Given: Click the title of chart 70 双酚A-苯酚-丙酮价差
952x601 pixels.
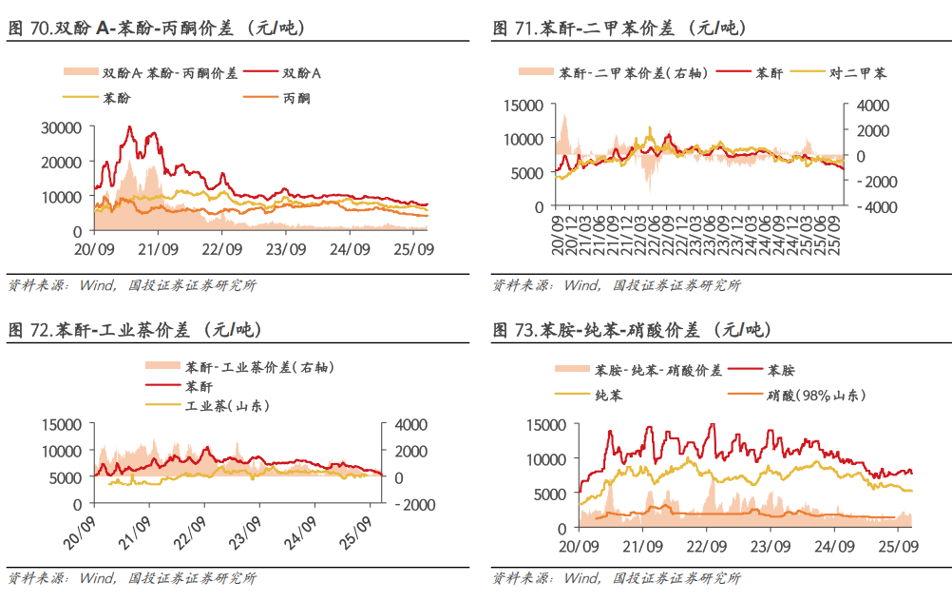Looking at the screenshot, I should (157, 29).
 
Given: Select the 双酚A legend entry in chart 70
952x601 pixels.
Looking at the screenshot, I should (302, 72).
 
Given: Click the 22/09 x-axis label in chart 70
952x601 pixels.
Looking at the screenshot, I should (221, 249).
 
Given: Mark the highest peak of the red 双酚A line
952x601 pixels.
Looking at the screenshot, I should (130, 127).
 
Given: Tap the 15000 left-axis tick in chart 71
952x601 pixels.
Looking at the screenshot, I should (524, 105).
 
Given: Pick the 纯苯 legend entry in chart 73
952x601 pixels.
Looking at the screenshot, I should (609, 394).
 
